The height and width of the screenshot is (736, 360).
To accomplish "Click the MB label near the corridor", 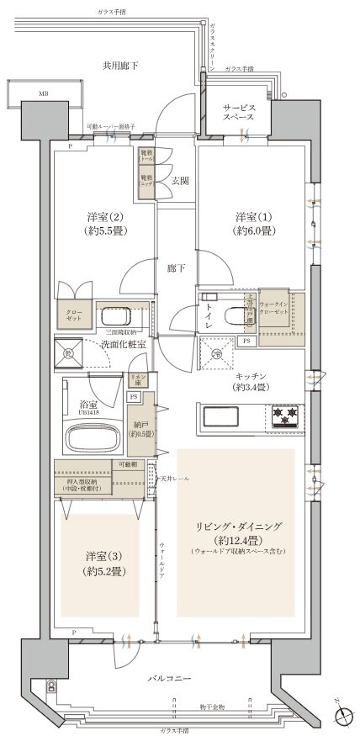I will [x=41, y=94].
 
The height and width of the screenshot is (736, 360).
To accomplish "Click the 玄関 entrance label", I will [x=180, y=179].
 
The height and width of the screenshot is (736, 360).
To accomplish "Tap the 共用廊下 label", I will [x=120, y=65].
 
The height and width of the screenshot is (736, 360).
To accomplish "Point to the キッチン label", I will [x=251, y=381].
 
